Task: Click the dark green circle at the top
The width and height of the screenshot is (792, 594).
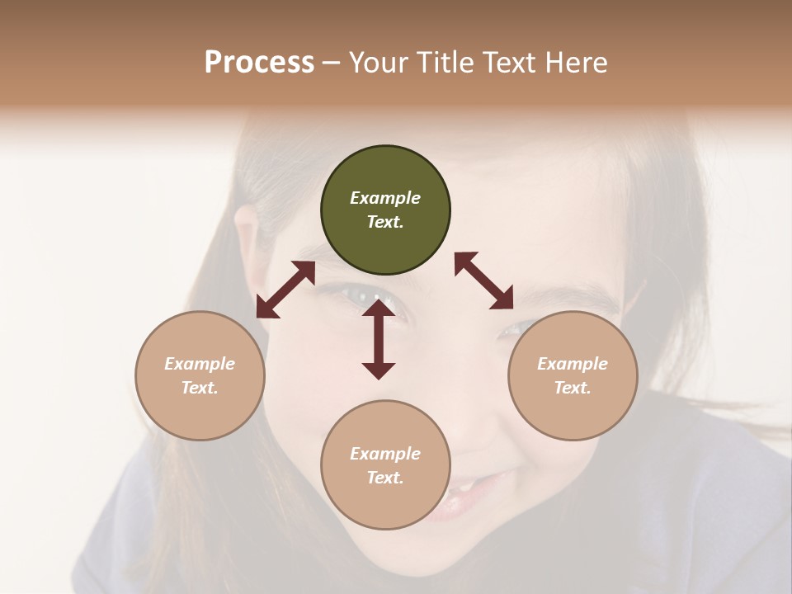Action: click(385, 210)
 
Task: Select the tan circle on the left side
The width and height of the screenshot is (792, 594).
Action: click(200, 375)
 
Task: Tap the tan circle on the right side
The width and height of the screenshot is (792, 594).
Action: click(573, 375)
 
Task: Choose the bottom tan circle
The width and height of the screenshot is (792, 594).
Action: click(385, 464)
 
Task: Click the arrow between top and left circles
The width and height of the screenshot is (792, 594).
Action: click(285, 290)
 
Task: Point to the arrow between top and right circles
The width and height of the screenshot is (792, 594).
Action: click(483, 280)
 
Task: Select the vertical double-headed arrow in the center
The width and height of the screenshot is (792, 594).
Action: click(379, 340)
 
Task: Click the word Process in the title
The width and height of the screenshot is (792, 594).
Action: click(259, 62)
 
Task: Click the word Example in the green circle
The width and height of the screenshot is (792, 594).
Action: click(385, 198)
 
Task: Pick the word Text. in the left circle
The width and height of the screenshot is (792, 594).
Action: click(200, 388)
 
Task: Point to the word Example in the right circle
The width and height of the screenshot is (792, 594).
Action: click(573, 364)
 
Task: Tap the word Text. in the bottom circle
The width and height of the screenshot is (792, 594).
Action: click(385, 478)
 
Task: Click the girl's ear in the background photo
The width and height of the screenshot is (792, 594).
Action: click(247, 235)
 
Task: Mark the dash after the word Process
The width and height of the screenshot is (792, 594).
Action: click(332, 63)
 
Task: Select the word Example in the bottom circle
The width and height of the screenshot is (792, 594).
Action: click(385, 453)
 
